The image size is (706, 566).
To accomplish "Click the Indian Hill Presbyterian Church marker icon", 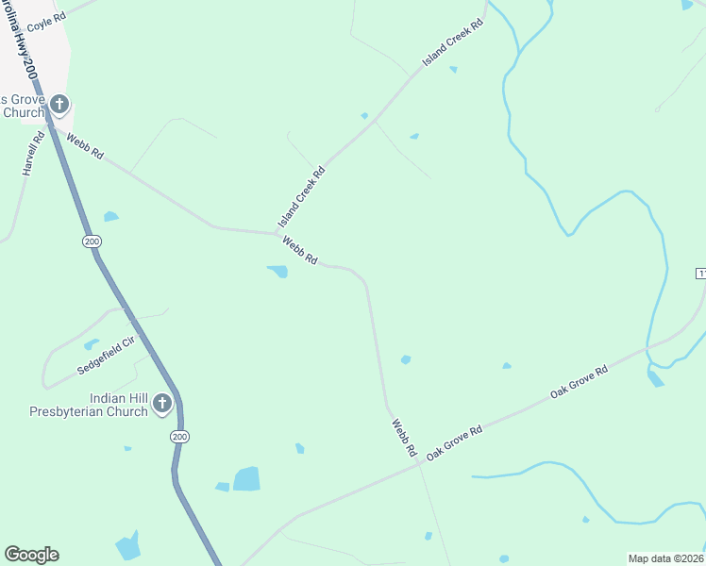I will point(162,404).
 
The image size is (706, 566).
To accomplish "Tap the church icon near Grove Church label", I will point(59,104).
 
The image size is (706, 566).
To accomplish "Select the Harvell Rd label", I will point(32,155).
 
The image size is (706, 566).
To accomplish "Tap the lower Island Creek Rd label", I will point(302,196).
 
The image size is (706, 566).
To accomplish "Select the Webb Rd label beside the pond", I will point(299,250).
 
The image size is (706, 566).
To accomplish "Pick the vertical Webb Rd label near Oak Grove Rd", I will point(404,438).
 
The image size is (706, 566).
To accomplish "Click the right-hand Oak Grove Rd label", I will point(579,381).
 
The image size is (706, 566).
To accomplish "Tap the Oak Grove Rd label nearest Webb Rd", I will point(454,441).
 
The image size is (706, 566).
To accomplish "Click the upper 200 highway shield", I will point(92,241).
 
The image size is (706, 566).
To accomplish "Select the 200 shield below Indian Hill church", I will point(179,436).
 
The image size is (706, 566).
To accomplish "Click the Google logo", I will point(31,555).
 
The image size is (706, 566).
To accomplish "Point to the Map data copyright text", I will point(665,558).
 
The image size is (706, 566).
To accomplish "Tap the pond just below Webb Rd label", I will point(278,272).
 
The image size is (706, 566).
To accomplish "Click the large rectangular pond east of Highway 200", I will point(246,478).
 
